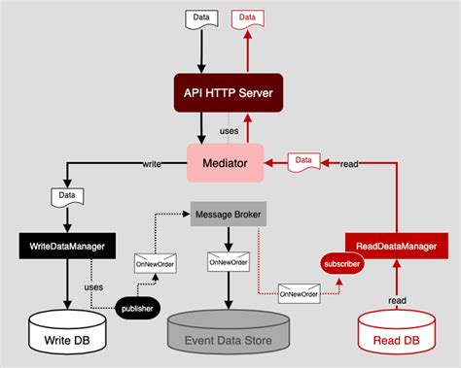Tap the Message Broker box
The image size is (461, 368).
[228, 214]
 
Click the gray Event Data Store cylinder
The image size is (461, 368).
[228, 333]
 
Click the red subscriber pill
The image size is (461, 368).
[340, 263]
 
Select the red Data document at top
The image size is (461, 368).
[248, 18]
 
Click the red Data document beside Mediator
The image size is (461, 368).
[303, 161]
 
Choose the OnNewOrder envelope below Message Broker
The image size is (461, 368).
[228, 260]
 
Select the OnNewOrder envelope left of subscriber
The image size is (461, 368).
[299, 290]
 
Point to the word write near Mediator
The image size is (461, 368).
[153, 164]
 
